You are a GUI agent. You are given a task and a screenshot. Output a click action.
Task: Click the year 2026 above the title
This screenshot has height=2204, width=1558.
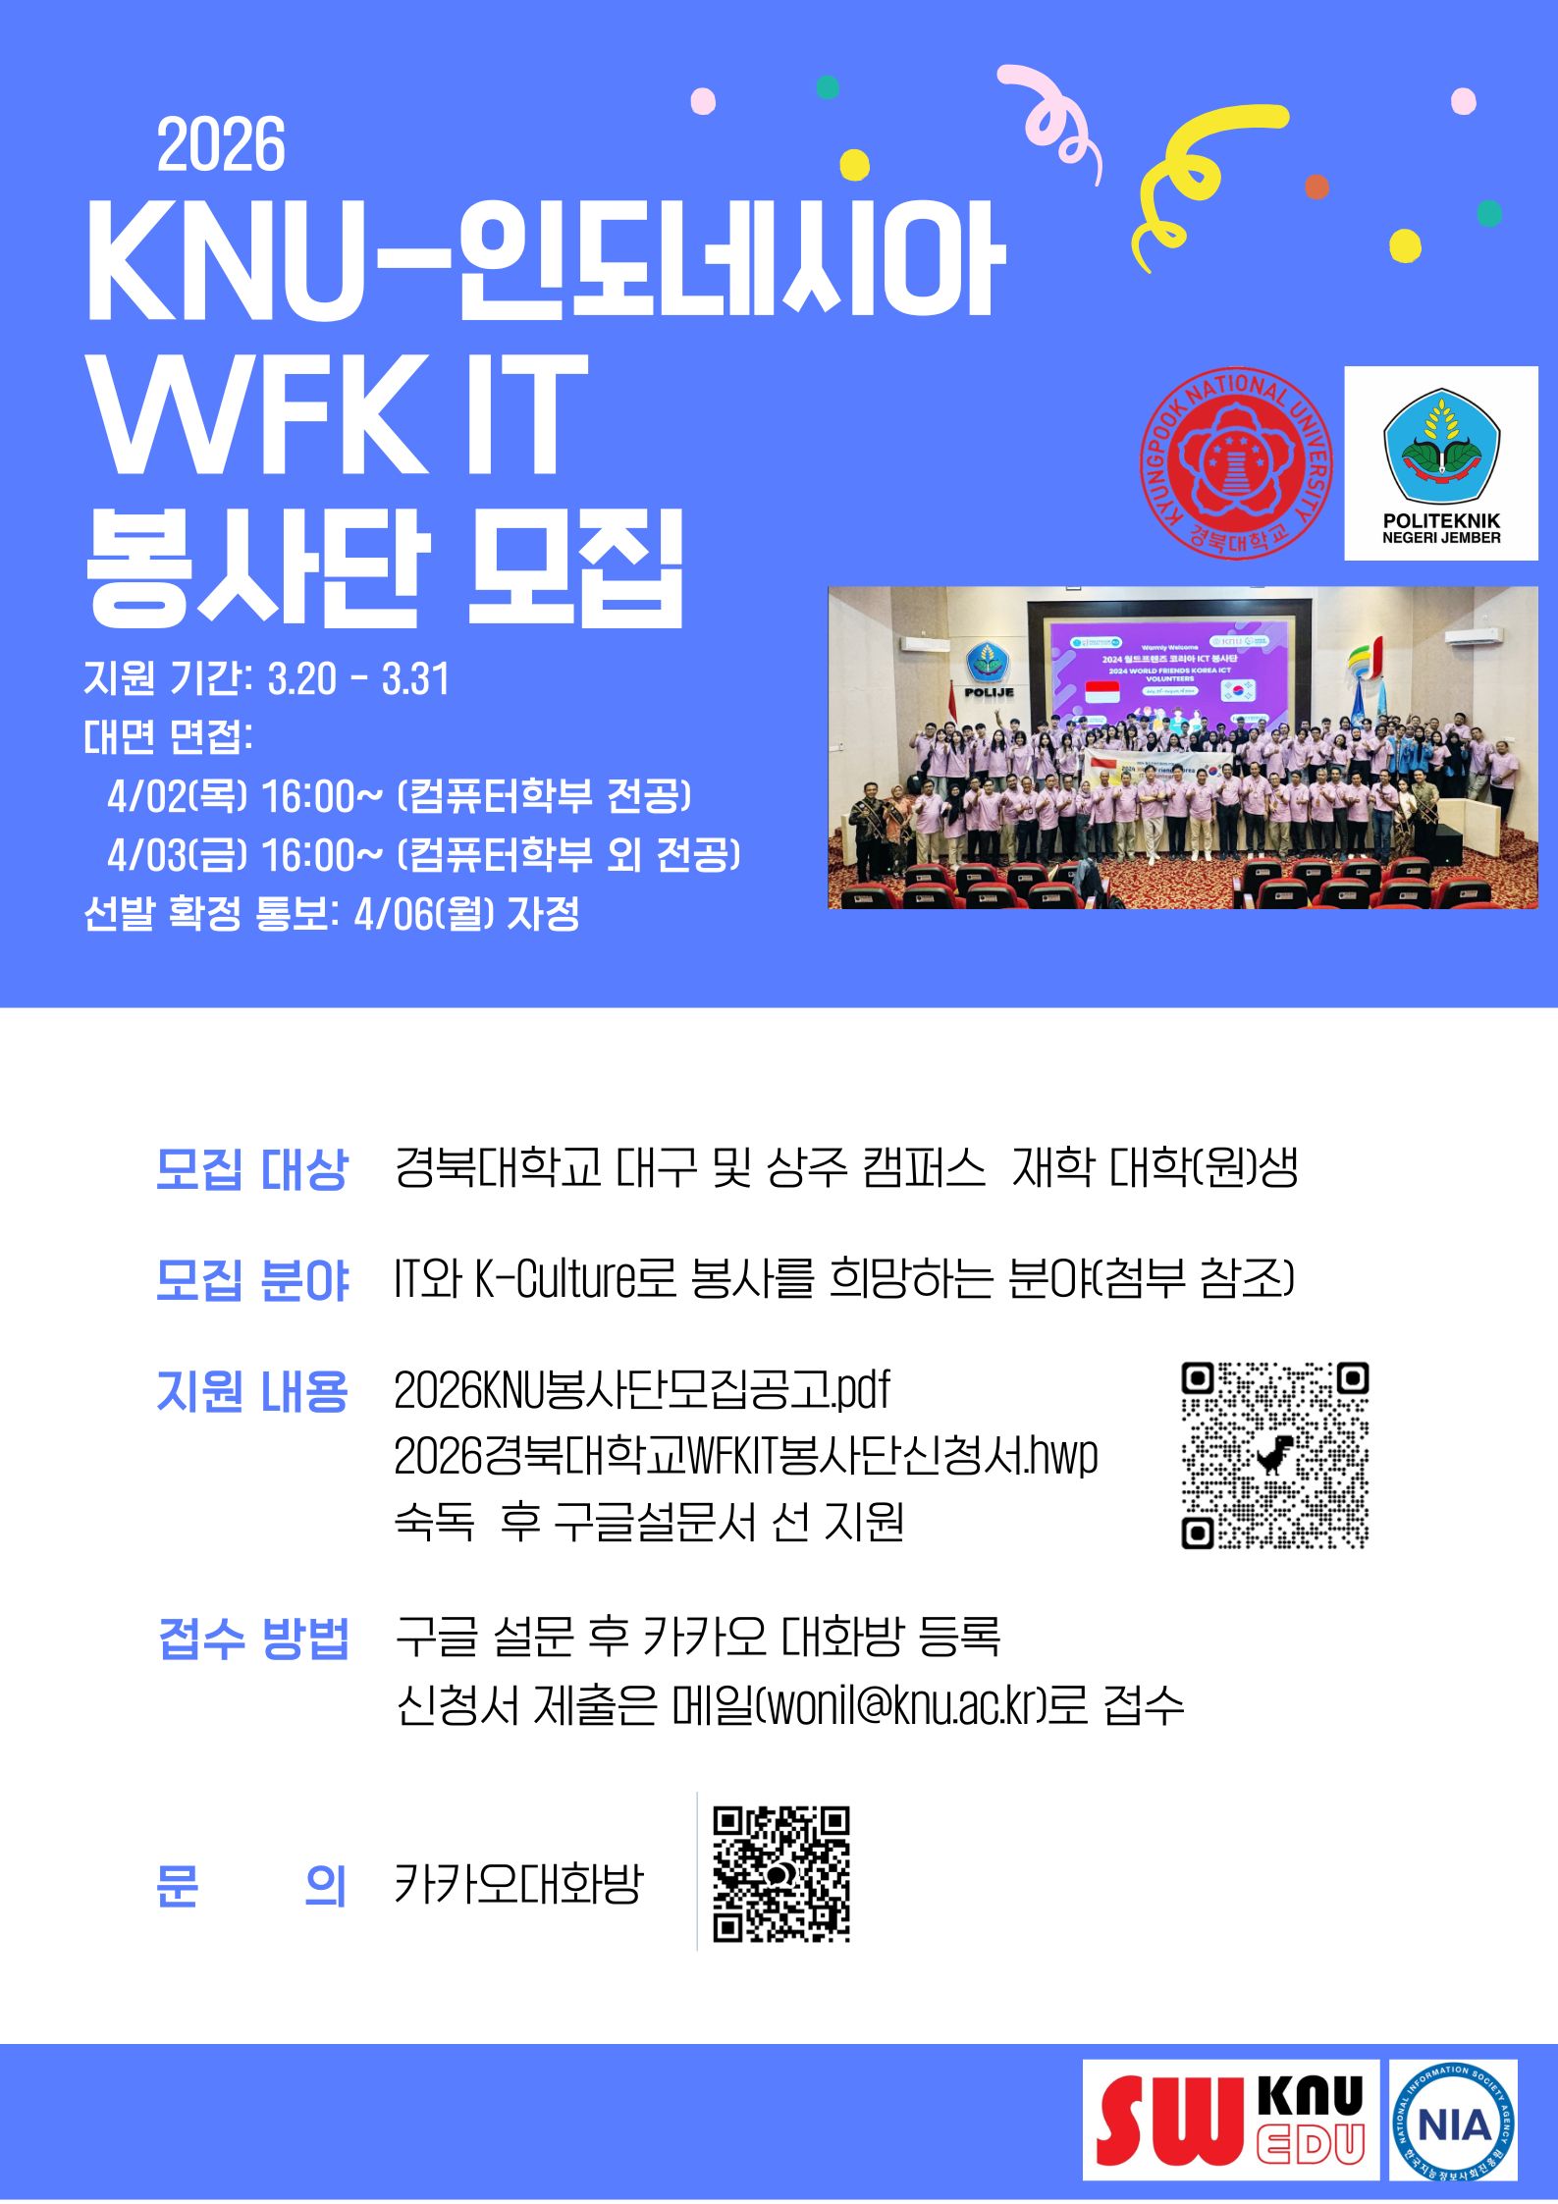pos(221,145)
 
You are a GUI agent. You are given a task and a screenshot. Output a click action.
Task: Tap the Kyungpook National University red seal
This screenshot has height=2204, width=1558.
pos(1236,463)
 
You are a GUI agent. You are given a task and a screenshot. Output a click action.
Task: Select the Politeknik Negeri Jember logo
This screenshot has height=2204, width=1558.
pos(1440,463)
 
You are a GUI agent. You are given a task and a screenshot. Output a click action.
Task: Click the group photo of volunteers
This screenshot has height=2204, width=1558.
pos(1183,747)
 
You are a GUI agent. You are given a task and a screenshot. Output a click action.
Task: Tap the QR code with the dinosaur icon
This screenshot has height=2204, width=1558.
pos(1275,1455)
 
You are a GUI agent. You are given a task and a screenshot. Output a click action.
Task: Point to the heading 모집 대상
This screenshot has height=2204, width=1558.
pos(252,1168)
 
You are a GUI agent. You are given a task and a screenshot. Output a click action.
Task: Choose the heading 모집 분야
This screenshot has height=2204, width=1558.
pos(252,1279)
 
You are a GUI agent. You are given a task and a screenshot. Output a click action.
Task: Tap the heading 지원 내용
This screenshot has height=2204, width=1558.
pos(252,1391)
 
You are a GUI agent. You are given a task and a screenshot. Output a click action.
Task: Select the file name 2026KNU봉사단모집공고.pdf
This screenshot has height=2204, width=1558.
pos(642,1389)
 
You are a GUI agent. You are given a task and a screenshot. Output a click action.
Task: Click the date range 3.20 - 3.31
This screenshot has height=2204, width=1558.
pos(358,678)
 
